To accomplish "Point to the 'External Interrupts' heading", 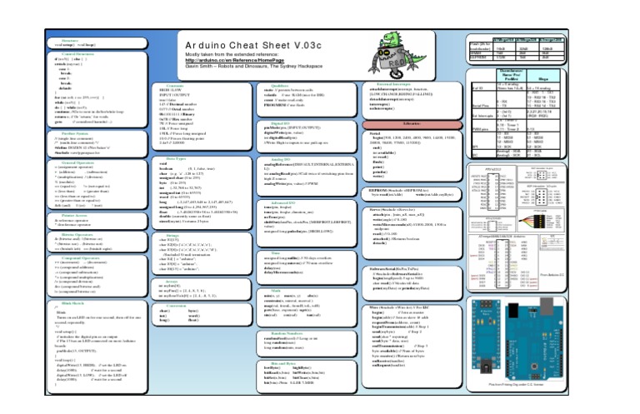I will pos(392,85).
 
